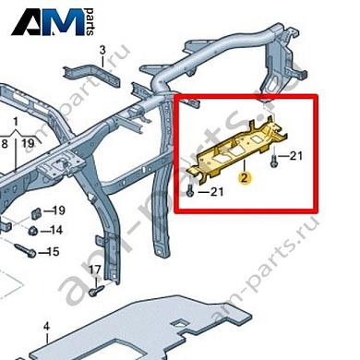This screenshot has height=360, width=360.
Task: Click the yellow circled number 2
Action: coord(244,180)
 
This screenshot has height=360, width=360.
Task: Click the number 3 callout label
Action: coord(102,49)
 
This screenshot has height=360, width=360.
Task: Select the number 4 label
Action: coord(46,326)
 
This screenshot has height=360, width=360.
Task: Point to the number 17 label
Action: coord(94,270)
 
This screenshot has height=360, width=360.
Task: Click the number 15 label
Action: coord(54,251)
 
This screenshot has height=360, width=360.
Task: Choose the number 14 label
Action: coord(56,231)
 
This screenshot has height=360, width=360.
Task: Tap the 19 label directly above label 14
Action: coord(56,210)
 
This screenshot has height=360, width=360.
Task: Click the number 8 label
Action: coord(6,143)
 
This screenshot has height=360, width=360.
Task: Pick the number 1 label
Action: coord(16,122)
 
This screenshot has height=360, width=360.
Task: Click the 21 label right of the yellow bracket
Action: coord(296,158)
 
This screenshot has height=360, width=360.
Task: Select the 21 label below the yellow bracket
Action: coord(218,192)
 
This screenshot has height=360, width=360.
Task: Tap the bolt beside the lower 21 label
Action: coord(191,191)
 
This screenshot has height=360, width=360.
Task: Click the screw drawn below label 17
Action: coord(95,289)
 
